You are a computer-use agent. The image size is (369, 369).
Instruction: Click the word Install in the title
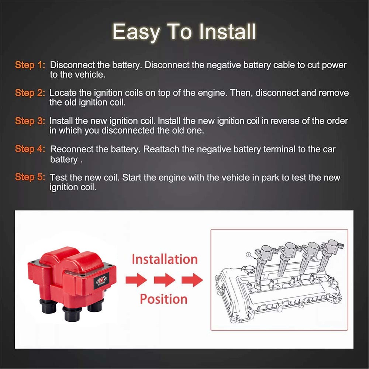click(227, 31)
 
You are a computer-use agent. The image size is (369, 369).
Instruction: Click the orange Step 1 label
click(30, 65)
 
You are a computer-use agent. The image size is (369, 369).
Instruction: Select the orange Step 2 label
click(30, 93)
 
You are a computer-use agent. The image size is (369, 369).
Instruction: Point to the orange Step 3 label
click(30, 121)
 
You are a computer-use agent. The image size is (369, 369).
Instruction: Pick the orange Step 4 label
click(30, 149)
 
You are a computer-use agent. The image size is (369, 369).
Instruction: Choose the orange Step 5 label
click(30, 177)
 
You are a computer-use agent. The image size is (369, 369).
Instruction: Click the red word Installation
click(165, 259)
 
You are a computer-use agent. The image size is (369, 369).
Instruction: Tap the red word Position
click(163, 299)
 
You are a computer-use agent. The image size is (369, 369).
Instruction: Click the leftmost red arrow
click(137, 280)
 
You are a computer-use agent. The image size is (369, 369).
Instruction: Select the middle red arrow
click(165, 280)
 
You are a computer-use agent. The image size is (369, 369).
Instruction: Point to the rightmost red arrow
click(192, 280)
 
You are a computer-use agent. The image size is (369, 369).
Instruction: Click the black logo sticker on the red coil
click(101, 281)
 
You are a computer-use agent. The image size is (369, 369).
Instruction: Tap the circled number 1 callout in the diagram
click(248, 255)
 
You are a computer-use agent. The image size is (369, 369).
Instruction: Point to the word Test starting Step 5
click(58, 177)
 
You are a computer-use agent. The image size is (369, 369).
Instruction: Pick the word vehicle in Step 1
click(90, 75)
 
